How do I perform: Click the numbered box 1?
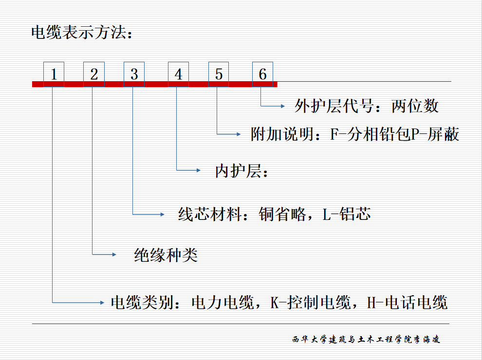(54, 74)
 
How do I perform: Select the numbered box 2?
(94, 74)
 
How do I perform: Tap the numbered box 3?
(134, 74)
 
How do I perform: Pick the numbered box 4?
(178, 74)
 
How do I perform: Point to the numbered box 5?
(219, 74)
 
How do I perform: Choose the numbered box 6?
(262, 74)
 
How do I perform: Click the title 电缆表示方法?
(82, 32)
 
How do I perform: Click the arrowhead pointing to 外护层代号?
(283, 106)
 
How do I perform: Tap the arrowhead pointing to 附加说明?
(239, 134)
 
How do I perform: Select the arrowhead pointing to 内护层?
(199, 170)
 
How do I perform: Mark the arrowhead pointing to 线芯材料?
(163, 215)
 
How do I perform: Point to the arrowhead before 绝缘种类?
(114, 254)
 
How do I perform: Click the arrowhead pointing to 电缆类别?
(102, 303)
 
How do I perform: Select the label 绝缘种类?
(166, 255)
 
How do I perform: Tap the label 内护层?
(238, 171)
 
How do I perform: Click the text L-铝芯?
(347, 215)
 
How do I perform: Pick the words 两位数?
(415, 106)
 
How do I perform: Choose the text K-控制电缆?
(311, 303)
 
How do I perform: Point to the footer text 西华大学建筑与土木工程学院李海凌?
(366, 340)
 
